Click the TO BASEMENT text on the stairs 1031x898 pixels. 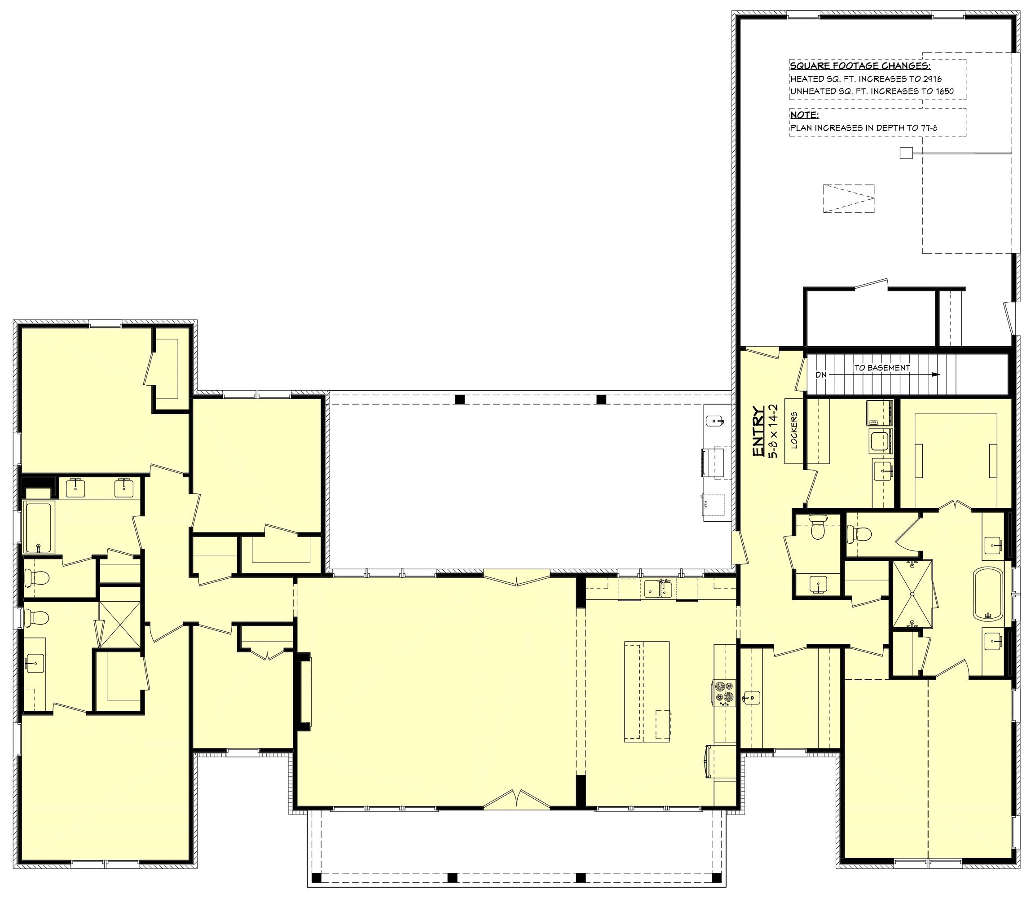click(881, 367)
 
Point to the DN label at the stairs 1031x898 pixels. click(820, 375)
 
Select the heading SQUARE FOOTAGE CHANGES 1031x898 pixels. click(859, 66)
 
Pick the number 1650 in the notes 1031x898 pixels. click(943, 91)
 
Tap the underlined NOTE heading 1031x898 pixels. click(804, 115)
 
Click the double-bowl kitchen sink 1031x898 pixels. click(658, 589)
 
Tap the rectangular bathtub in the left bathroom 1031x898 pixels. click(38, 528)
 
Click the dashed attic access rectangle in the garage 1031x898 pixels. click(849, 199)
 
